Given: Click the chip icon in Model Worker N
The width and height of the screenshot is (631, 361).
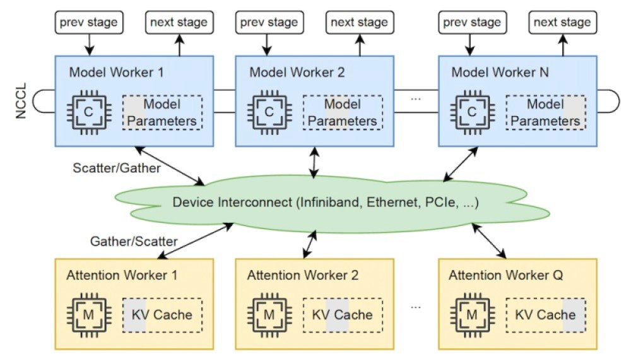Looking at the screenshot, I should coord(471,112).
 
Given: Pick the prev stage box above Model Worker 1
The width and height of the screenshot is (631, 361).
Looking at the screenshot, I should coord(88,23).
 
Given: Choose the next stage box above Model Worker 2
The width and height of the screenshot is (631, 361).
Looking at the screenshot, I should coord(359,23).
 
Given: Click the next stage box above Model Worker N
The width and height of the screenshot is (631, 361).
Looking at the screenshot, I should coord(562,23).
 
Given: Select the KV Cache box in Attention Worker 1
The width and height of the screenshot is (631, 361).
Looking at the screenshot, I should coord(162,314).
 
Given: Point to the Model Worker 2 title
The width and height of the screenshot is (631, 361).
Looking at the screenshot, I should coord(297,71).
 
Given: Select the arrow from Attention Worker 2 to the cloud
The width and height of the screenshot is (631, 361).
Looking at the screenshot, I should coord(310,243).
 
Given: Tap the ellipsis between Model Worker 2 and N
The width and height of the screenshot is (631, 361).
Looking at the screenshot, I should coord(416,99).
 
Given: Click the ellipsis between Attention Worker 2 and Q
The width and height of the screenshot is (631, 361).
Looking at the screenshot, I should coord(416,306).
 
